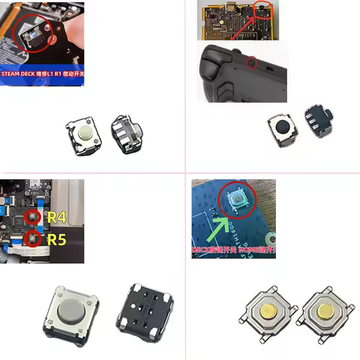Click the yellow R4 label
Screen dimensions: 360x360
tap(57, 217)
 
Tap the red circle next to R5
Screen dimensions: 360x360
tap(32, 239)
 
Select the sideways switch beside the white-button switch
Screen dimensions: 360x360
tap(126, 133)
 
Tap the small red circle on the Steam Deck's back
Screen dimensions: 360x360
tap(251, 61)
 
